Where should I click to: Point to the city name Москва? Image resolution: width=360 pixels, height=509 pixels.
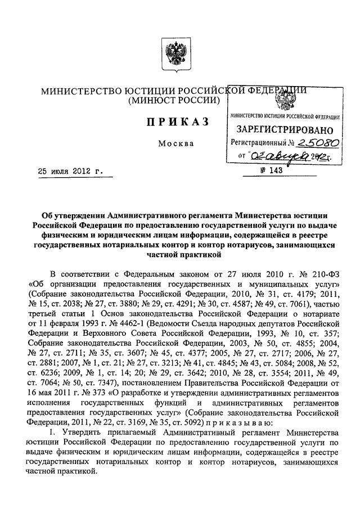[x=176, y=143]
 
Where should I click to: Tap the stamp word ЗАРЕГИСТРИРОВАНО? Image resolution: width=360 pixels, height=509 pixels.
[x=281, y=130]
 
